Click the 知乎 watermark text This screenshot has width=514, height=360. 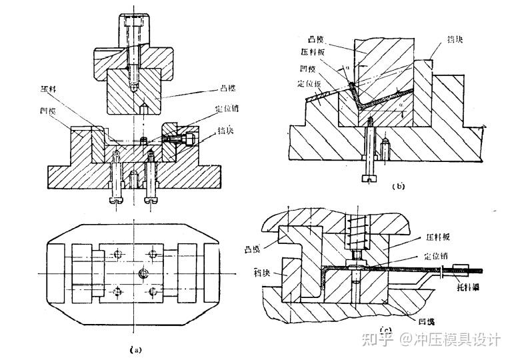377,339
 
